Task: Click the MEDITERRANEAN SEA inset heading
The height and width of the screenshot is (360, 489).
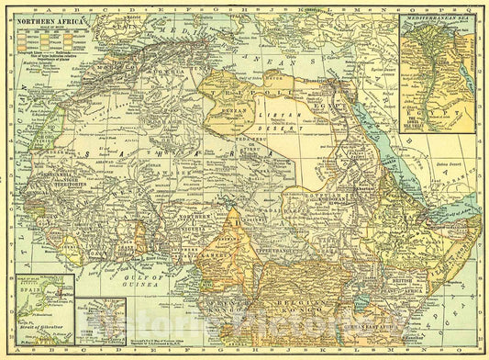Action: click(436, 17)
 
